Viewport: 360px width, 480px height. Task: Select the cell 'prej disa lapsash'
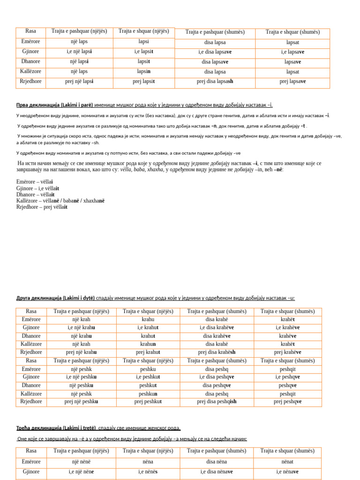pos(215,82)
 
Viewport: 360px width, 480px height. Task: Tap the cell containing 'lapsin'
pos(143,72)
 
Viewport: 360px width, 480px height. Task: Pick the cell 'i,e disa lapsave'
pos(215,52)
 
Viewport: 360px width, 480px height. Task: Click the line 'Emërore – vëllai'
pos(35,182)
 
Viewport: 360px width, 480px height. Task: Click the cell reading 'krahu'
pos(148,319)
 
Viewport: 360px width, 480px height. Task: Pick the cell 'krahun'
pos(148,344)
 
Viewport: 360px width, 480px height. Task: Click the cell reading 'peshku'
pos(148,369)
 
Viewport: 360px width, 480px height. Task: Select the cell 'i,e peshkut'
pos(148,377)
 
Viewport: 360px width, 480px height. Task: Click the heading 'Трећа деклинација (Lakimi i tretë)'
pos(56,428)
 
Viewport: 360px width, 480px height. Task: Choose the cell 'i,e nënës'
pos(148,472)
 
